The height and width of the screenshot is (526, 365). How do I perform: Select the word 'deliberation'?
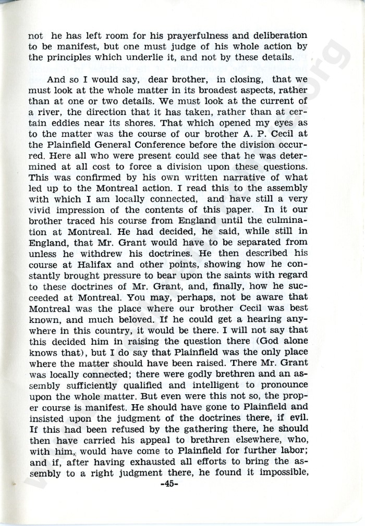coord(272,36)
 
